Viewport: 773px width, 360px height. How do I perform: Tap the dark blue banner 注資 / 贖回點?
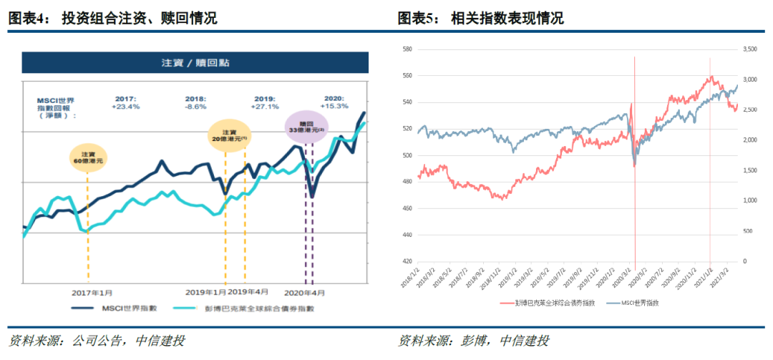pos(195,63)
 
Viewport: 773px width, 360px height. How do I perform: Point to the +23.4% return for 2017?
pos(125,106)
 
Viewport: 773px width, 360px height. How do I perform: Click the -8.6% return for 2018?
pos(195,106)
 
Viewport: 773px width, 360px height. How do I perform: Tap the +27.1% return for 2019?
pos(265,106)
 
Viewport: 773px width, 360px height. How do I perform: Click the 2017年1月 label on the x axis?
pos(92,293)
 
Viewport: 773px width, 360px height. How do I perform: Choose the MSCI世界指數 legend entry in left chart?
pos(114,308)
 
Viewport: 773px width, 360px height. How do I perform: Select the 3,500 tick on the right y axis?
pos(750,49)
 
